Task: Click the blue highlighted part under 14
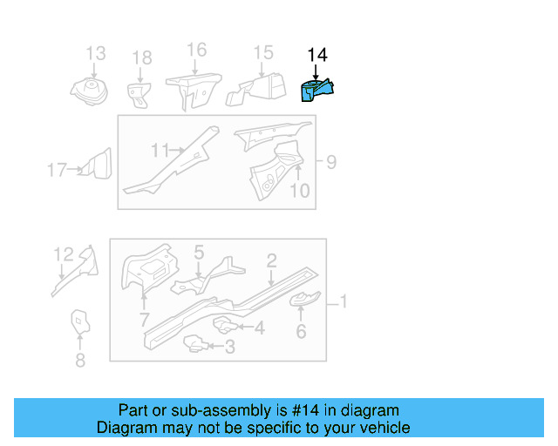click(316, 91)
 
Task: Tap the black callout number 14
click(317, 55)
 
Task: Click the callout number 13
click(96, 53)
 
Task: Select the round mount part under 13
click(89, 91)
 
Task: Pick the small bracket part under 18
click(139, 95)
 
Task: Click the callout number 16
click(197, 50)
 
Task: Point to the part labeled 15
click(256, 90)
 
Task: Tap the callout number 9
click(331, 162)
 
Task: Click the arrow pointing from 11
click(176, 151)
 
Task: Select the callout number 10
click(300, 191)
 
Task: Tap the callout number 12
click(64, 254)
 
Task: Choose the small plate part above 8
click(80, 321)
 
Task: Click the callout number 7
click(144, 320)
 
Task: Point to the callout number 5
click(199, 252)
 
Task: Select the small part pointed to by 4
click(224, 325)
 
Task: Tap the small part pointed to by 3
click(195, 343)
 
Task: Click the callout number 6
click(301, 332)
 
